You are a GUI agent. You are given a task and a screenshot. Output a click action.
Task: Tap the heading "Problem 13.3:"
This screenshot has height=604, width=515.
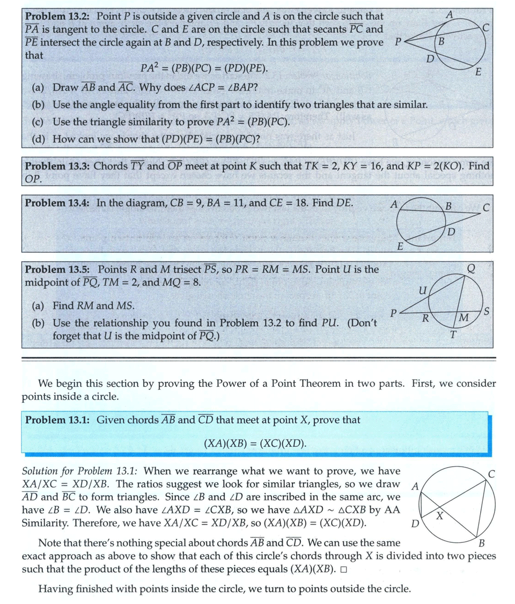click(57, 166)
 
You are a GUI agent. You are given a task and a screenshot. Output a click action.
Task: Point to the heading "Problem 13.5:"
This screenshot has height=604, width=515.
click(57, 269)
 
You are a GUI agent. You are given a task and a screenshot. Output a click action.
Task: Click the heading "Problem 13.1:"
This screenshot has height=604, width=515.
click(57, 419)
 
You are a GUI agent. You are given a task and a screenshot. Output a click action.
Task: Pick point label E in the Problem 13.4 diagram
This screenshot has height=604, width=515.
click(399, 246)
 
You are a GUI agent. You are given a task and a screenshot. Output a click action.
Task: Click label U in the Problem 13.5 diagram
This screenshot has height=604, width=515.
click(422, 291)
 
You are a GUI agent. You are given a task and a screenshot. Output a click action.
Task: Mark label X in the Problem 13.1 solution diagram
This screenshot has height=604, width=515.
click(440, 516)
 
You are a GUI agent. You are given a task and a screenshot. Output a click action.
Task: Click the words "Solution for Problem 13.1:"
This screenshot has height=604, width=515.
click(80, 471)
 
